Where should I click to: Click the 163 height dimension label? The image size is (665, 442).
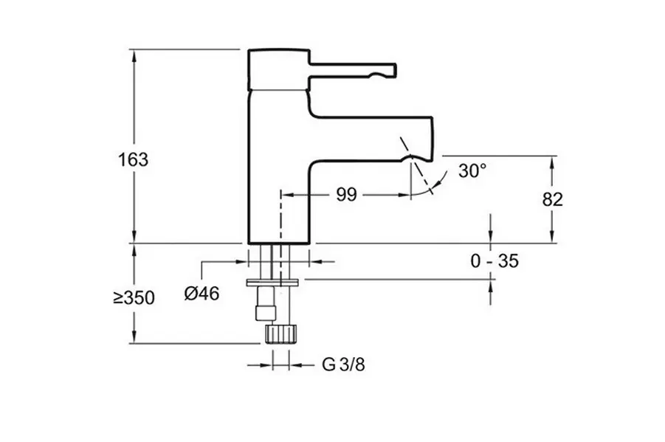click(134, 159)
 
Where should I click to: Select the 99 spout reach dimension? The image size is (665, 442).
click(346, 195)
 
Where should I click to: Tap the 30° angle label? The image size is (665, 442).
click(472, 170)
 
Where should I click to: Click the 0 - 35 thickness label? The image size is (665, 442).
click(495, 260)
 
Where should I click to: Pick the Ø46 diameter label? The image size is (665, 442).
click(201, 293)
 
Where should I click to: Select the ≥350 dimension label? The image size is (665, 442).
click(134, 298)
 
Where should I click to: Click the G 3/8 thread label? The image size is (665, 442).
click(343, 365)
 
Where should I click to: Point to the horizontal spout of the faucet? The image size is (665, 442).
click(369, 137)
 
